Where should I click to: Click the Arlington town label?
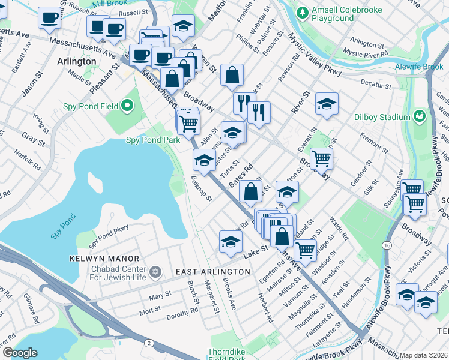click(x=76, y=61)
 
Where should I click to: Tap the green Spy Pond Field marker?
click(x=127, y=107)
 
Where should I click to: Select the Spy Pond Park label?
click(x=152, y=140)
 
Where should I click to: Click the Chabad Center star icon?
click(x=155, y=272)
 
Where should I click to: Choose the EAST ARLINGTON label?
click(x=212, y=272)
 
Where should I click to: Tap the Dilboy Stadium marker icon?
click(x=420, y=116)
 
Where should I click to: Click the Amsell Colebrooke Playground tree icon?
click(x=303, y=12)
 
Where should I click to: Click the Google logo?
click(x=19, y=353)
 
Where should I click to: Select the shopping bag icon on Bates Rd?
click(x=250, y=191)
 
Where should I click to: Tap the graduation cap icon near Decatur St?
click(x=327, y=104)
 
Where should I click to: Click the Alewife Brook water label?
click(x=419, y=68)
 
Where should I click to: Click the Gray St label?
click(x=34, y=140)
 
